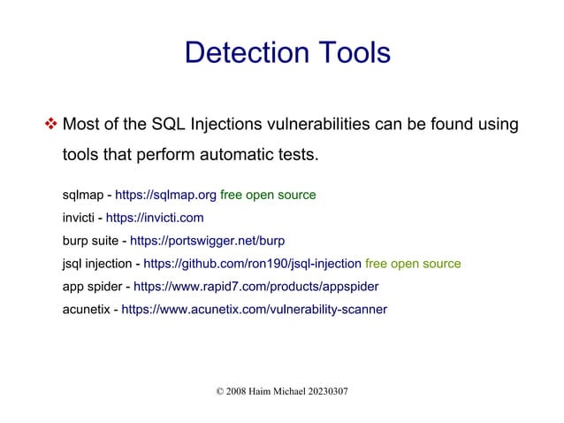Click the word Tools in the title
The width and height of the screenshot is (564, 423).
(x=350, y=53)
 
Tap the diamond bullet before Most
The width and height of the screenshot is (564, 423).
(x=50, y=124)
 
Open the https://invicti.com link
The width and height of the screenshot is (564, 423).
(x=155, y=218)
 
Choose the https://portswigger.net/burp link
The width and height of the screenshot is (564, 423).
(x=207, y=241)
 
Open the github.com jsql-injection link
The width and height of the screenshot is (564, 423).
(x=252, y=264)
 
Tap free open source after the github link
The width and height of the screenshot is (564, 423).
(x=413, y=264)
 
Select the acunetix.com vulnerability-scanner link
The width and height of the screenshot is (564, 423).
(x=254, y=310)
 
